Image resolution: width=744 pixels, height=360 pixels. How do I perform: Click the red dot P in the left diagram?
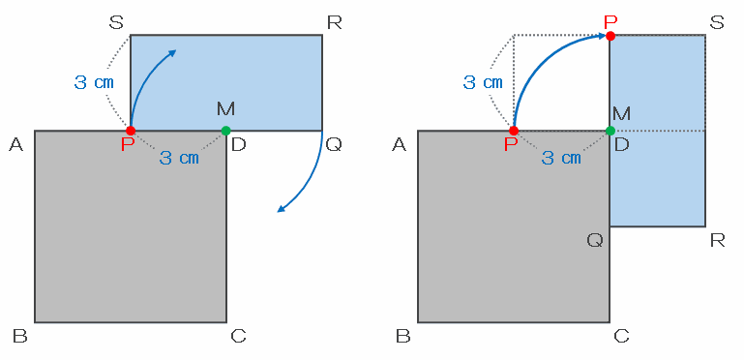[131, 131]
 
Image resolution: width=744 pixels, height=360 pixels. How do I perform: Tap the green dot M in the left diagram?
[225, 131]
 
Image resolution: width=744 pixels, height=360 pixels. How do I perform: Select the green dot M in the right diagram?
[610, 131]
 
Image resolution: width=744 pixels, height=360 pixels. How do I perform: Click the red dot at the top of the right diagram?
[610, 36]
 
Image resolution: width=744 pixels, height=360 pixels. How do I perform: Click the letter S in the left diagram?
[116, 22]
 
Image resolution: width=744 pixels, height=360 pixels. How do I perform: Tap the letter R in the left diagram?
[335, 22]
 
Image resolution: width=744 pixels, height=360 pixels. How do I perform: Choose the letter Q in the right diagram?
[595, 240]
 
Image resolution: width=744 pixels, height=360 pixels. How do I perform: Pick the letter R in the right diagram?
[718, 241]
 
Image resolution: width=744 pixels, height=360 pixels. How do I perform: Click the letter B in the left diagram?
[20, 336]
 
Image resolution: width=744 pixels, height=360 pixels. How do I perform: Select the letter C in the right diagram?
[621, 336]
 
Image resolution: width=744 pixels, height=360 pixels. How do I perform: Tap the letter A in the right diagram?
[399, 144]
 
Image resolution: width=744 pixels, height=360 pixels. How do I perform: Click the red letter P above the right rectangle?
[610, 21]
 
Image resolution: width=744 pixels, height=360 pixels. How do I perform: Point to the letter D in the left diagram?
[239, 144]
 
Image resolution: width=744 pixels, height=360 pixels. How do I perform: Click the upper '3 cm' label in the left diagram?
[95, 82]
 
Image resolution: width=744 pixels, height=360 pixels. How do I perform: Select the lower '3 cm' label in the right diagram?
[561, 158]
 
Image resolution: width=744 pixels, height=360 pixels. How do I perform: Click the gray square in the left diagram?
[131, 226]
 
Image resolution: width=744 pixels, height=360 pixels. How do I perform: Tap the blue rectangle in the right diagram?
[658, 131]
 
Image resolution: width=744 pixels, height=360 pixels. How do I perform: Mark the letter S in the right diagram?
[718, 22]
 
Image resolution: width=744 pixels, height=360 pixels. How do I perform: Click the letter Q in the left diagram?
[334, 144]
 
